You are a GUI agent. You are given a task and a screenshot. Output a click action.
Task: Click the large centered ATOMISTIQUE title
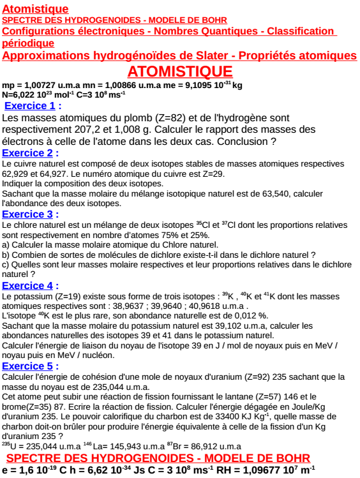point(180,71)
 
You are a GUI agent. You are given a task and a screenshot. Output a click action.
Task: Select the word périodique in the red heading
point(28,43)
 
